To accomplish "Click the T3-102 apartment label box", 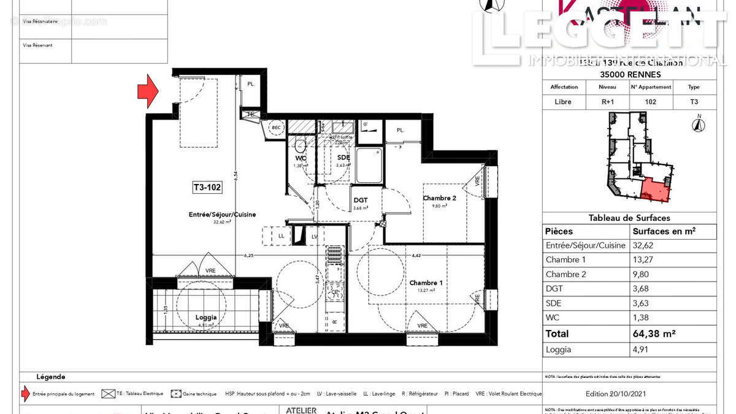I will click(207, 189).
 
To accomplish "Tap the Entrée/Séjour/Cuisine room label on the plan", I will click(222, 215).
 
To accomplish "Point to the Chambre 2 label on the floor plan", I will click(440, 198).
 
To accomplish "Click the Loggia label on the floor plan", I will click(206, 318).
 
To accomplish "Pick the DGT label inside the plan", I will click(360, 200).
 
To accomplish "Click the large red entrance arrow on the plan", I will click(147, 91).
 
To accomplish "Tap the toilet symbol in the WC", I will click(300, 146).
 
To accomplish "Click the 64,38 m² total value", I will click(654, 334).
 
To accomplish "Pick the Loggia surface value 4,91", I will click(642, 350).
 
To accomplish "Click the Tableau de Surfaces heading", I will click(629, 218).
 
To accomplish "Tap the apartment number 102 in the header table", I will click(651, 102).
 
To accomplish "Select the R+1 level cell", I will click(607, 102).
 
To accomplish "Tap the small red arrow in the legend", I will click(25, 394).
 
